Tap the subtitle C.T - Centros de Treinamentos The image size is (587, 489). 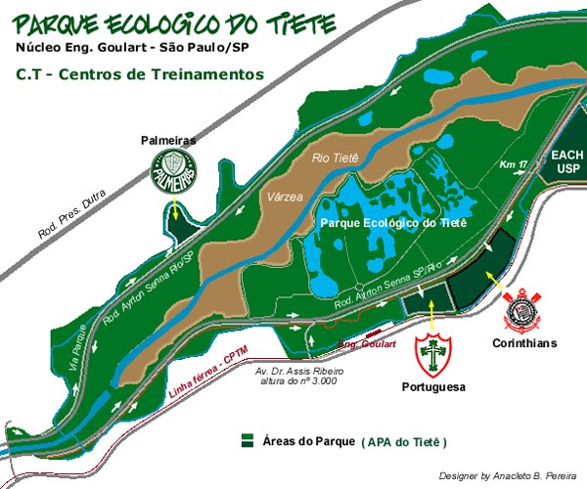140,73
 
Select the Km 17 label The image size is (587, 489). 515,164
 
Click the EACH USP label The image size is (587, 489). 566,162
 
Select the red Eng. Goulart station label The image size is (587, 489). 366,344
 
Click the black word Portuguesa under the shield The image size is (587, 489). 431,387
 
